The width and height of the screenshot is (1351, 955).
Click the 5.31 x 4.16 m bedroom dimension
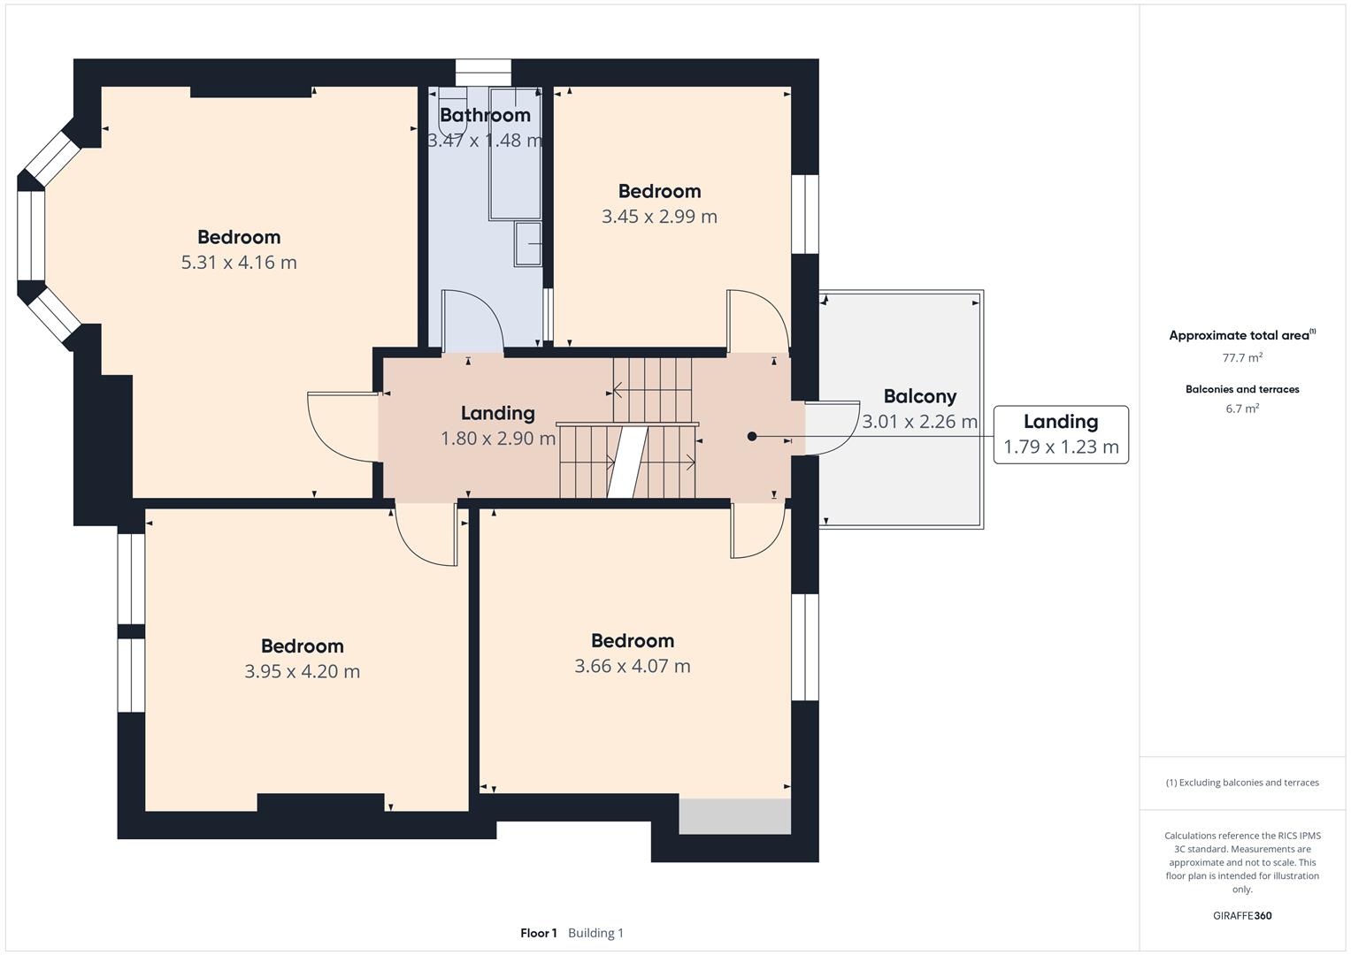(x=239, y=263)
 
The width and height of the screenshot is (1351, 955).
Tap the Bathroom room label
(x=485, y=115)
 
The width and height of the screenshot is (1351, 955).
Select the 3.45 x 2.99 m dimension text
(x=659, y=217)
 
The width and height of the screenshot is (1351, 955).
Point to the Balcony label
(x=920, y=396)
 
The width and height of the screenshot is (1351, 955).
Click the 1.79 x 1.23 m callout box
(x=1061, y=435)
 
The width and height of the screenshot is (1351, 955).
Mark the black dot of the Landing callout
(x=751, y=436)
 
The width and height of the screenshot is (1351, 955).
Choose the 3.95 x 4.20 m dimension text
(x=303, y=671)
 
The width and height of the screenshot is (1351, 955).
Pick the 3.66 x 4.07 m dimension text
(x=632, y=666)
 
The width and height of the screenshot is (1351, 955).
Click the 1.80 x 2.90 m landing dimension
(x=497, y=439)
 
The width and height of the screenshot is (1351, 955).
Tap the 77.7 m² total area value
(x=1242, y=357)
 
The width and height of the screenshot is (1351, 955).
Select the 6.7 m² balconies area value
(x=1242, y=409)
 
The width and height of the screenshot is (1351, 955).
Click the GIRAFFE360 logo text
(x=1242, y=915)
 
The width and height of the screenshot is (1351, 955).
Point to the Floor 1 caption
(x=539, y=933)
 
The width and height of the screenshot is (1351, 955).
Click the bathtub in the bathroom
(x=515, y=155)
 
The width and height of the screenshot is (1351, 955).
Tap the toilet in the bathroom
(x=453, y=111)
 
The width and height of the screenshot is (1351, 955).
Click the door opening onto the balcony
(x=832, y=427)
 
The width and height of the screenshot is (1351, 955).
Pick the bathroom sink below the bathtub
(x=527, y=243)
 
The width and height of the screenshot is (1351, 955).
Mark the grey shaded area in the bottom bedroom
(x=734, y=816)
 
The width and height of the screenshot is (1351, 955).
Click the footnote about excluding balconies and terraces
(x=1242, y=783)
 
